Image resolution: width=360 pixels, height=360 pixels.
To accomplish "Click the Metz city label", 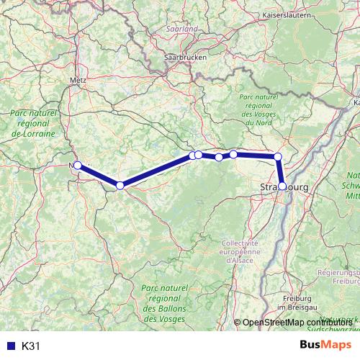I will coord(79,81).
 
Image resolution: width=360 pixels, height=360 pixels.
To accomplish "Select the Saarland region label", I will coord(182,29).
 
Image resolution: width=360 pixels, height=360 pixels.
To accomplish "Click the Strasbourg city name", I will coord(283,187).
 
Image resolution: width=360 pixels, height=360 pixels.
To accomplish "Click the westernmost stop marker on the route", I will coord(78,165).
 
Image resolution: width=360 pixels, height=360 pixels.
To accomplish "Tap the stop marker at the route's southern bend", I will coord(120,186).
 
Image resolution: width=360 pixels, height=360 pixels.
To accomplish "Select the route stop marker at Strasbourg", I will coord(282,186).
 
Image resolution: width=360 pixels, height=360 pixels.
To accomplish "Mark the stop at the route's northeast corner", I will coord(278,156).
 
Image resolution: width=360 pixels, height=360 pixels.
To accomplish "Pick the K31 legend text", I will coord(31,346).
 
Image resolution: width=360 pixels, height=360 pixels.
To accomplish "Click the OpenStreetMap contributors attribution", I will coord(295,323).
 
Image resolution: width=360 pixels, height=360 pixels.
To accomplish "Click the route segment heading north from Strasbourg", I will coord(280,171).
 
